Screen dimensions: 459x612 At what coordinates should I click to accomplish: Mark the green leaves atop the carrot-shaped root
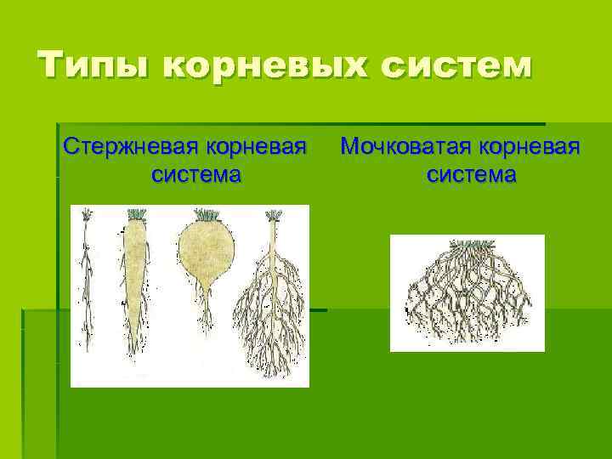(x=136, y=214)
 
